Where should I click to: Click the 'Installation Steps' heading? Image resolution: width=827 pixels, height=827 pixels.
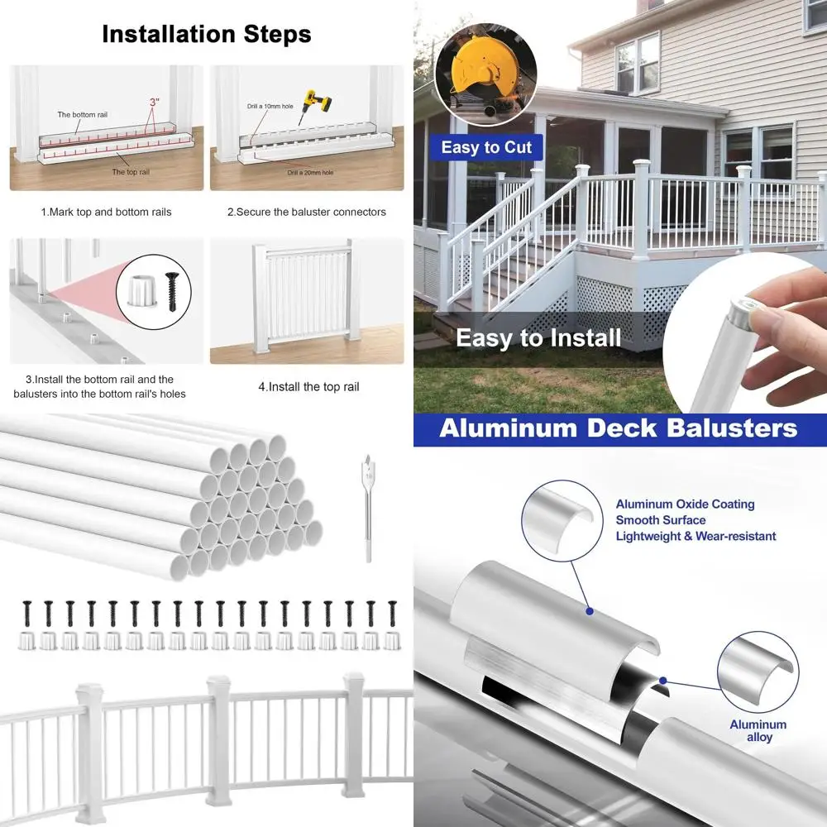click(207, 34)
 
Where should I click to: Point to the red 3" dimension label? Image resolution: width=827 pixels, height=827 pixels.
click(154, 102)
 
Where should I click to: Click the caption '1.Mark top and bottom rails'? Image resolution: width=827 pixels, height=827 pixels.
click(107, 212)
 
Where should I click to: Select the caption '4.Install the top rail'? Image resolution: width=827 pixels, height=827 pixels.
click(308, 386)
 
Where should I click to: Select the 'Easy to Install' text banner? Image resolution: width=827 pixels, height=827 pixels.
click(538, 337)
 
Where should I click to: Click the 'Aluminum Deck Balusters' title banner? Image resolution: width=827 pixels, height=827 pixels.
click(619, 428)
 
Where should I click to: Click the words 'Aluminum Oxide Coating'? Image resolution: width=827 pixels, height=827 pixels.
click(685, 504)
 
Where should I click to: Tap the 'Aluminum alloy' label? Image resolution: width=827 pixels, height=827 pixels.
click(758, 730)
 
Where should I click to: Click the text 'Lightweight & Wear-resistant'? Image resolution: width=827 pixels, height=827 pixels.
click(696, 536)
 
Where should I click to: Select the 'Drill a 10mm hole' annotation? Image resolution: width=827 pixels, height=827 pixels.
click(270, 107)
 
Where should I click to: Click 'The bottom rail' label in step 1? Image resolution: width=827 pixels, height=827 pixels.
click(82, 114)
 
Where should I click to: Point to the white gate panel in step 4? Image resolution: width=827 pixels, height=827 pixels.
click(306, 294)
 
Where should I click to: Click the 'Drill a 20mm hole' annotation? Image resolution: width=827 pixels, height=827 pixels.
click(310, 172)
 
